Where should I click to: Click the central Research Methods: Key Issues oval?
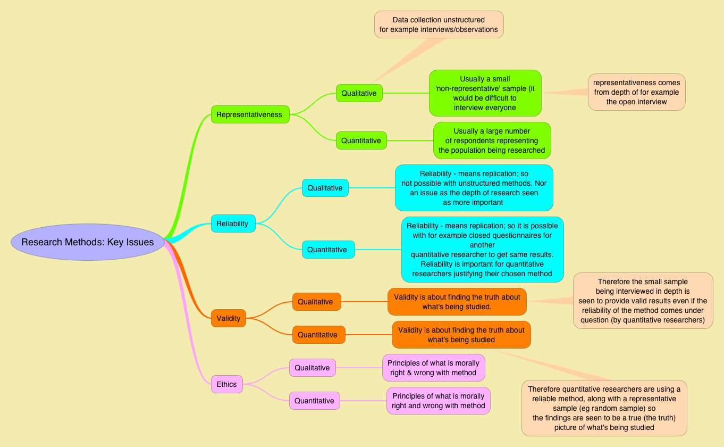pos(88,242)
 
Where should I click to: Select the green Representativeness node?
pos(250,114)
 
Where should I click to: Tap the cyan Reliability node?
pos(233,223)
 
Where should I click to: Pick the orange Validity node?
pos(228,318)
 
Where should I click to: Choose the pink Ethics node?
pos(226,384)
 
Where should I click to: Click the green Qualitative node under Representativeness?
pos(359,93)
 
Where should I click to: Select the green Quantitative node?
pos(361,140)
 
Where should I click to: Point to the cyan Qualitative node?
pos(325,188)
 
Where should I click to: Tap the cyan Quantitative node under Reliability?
pos(327,250)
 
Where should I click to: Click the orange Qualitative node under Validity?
pos(316,302)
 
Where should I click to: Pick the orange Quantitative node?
pos(318,335)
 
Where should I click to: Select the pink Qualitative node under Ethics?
pos(312,368)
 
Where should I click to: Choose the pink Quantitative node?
pos(314,401)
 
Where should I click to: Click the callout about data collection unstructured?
pos(439,24)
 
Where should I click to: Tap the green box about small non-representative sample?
pos(485,93)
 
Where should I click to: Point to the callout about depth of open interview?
pos(636,92)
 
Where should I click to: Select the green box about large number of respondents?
pos(492,140)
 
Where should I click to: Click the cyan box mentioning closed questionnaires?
pos(482,250)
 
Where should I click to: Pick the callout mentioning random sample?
pos(604,408)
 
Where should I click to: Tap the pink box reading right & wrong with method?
pos(433,368)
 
